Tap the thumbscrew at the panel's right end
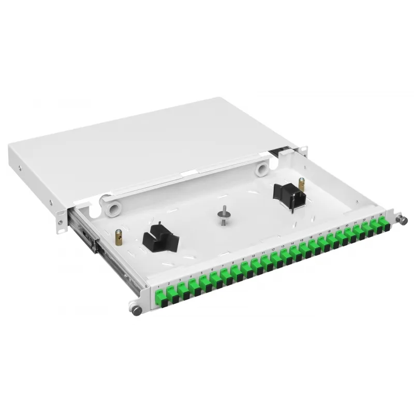click(x=402, y=220)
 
